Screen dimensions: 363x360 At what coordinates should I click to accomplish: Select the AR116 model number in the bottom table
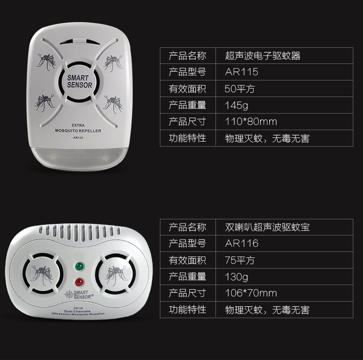coord(241,243)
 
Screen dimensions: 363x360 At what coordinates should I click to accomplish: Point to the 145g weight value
coord(236,105)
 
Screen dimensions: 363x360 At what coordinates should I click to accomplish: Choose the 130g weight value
coord(236,277)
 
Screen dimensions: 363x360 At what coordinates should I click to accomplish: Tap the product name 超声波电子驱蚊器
coord(263,56)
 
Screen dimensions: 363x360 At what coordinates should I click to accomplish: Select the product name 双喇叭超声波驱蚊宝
coord(267,227)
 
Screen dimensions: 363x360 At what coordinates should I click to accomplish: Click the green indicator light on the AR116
coord(79,266)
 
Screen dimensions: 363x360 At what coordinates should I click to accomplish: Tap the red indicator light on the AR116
coord(79,282)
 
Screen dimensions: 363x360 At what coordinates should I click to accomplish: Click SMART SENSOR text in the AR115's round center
coord(79,81)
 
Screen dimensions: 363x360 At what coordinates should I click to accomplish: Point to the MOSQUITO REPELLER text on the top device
coord(78,131)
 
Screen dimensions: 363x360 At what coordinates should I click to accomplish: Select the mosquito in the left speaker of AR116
coord(42,274)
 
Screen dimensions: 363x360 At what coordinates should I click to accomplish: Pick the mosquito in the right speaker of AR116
coord(116,275)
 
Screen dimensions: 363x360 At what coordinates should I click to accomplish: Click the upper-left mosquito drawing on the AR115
coord(46,61)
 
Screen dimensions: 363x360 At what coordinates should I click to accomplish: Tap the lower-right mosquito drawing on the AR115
coord(113,104)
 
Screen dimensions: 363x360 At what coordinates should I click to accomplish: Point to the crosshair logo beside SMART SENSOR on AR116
coord(69,295)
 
